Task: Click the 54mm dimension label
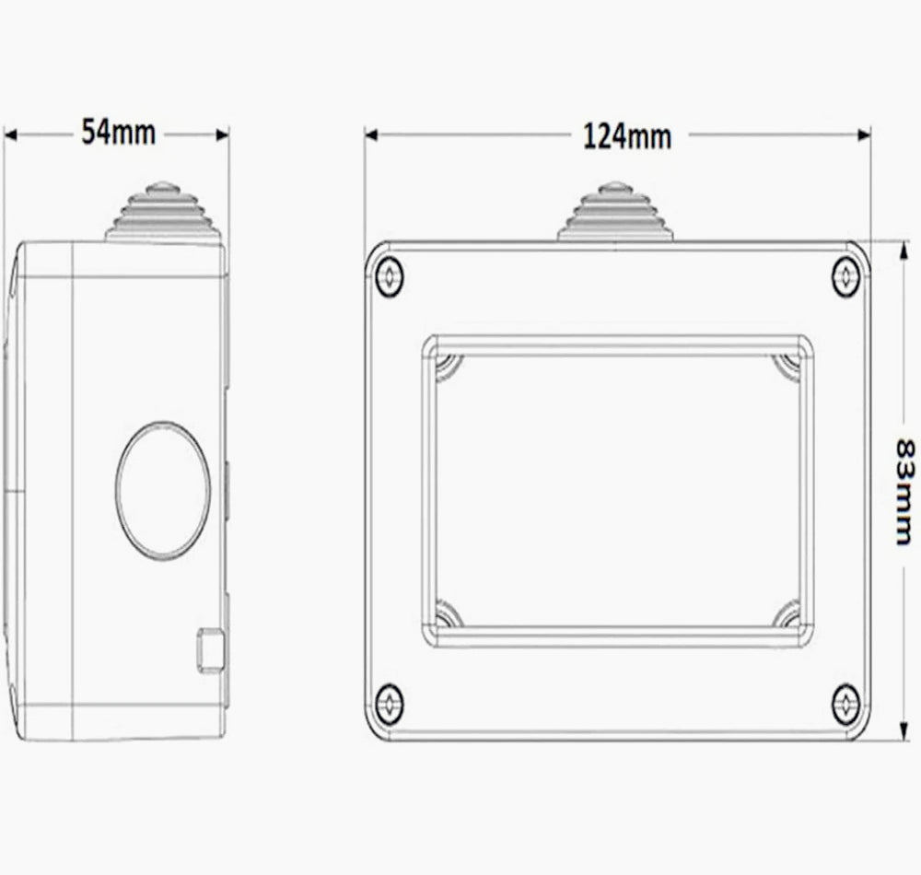point(118,132)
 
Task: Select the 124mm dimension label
point(626,136)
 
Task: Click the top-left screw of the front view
point(389,276)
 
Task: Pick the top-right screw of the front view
point(845,276)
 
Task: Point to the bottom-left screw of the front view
point(389,703)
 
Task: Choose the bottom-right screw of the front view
point(845,703)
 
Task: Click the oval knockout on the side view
point(163,490)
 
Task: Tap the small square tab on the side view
point(210,649)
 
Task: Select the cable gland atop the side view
point(164,212)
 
